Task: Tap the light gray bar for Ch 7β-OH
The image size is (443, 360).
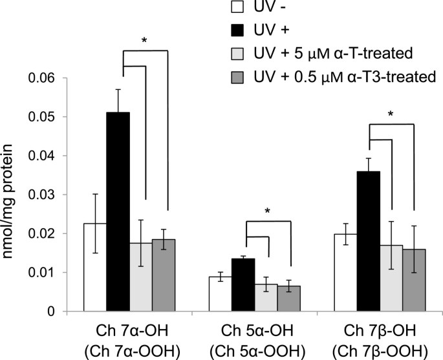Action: click(391, 278)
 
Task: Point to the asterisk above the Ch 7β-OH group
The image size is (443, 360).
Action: click(391, 115)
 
